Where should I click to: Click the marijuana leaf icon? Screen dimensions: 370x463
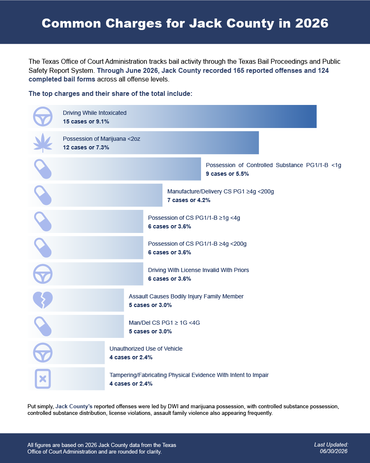pos(43,143)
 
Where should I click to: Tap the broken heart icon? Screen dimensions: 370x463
pos(43,300)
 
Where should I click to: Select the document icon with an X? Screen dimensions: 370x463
pos(43,379)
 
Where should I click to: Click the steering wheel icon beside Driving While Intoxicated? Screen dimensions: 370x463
pos(43,116)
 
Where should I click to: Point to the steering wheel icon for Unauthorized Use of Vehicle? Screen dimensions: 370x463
pos(43,353)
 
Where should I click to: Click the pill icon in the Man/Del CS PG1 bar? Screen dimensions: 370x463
pos(43,326)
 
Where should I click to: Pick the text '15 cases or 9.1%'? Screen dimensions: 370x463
pos(86,121)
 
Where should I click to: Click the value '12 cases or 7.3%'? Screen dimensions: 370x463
pos(86,147)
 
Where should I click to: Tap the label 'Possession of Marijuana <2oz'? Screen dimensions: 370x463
pos(102,139)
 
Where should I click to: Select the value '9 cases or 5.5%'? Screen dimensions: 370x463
pos(227,174)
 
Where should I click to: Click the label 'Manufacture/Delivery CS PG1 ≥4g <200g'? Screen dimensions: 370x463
pos(220,191)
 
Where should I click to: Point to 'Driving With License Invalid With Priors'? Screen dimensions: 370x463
pos(198,270)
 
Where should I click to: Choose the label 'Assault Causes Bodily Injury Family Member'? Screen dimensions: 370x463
pos(186,296)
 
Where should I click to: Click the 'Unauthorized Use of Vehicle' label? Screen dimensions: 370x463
pos(146,349)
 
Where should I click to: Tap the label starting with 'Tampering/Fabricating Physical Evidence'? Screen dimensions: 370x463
pos(189,375)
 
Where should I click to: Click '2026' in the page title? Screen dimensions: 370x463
pos(312,23)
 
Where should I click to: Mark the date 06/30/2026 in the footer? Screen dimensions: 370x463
pos(333,451)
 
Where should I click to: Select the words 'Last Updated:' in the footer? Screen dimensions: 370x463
pos(331,445)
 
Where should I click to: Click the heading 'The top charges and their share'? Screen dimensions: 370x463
pos(110,93)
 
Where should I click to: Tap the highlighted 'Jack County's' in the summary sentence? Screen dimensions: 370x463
pos(74,406)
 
